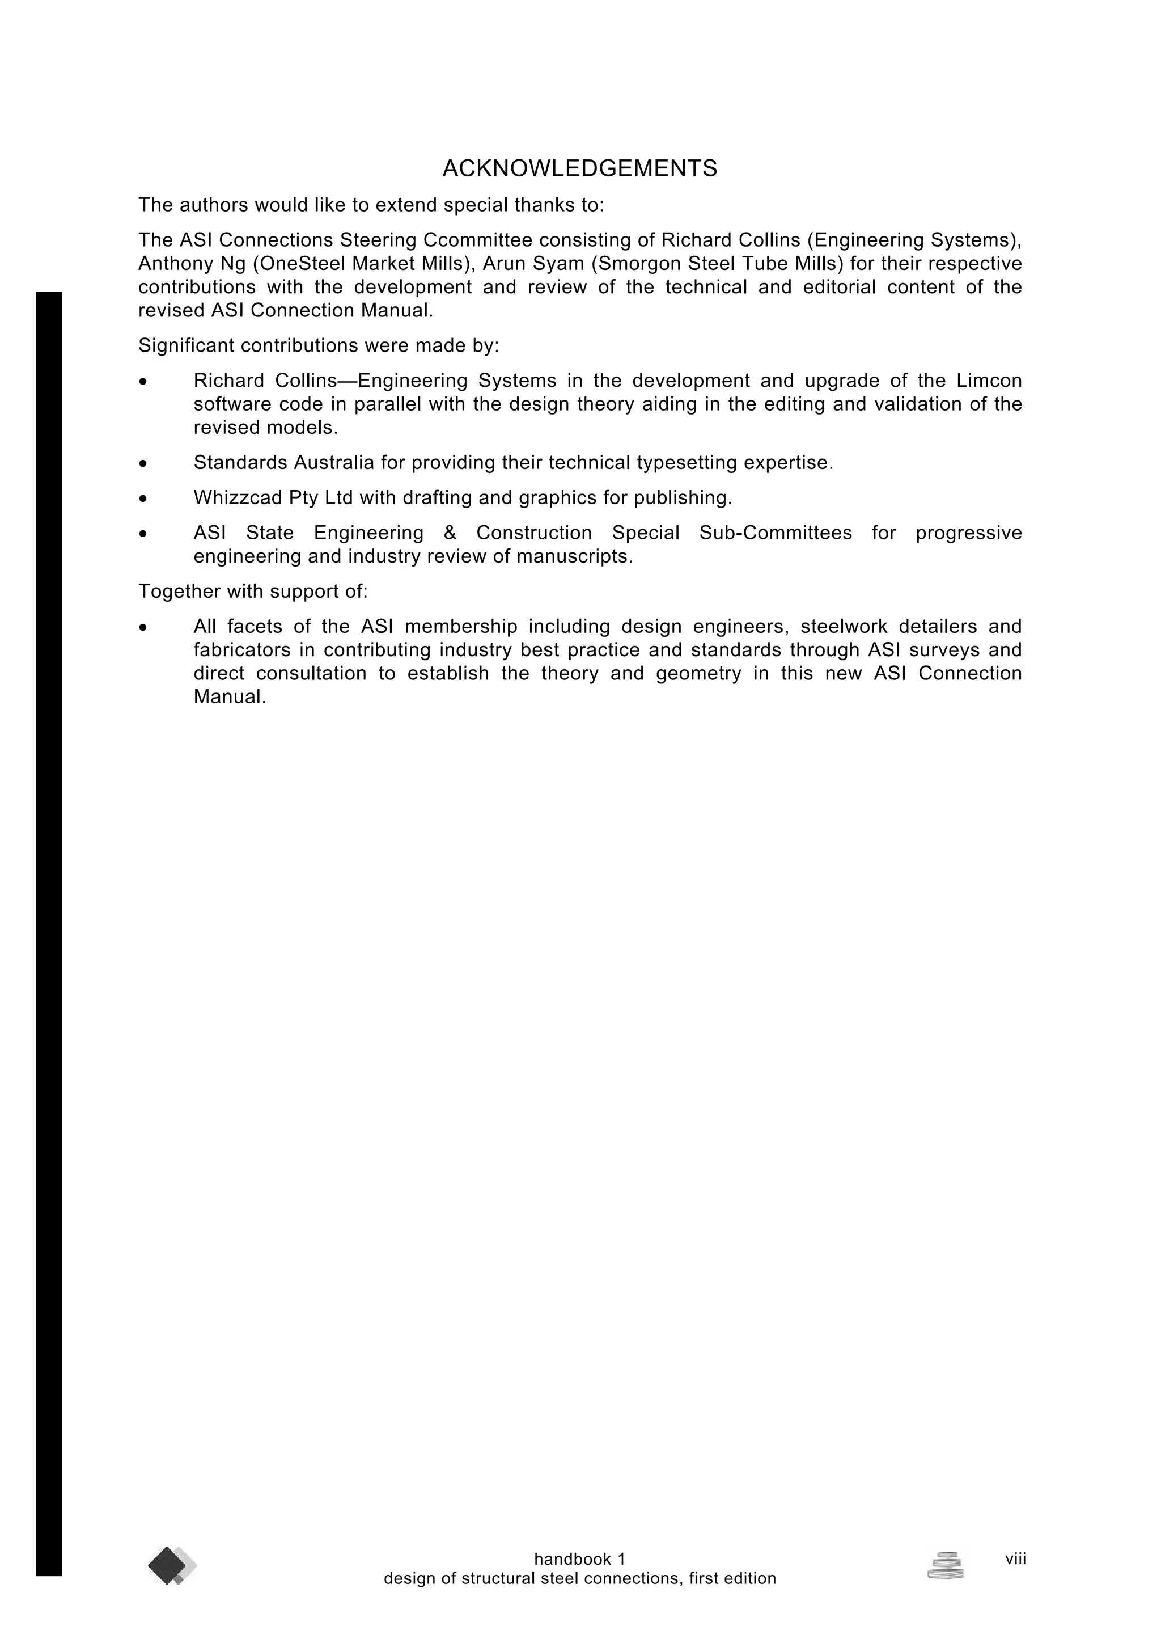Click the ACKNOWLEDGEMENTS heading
click(x=579, y=169)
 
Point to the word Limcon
click(x=989, y=381)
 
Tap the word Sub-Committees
click(x=776, y=533)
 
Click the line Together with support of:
click(x=252, y=592)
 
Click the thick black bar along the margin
click(x=49, y=930)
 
